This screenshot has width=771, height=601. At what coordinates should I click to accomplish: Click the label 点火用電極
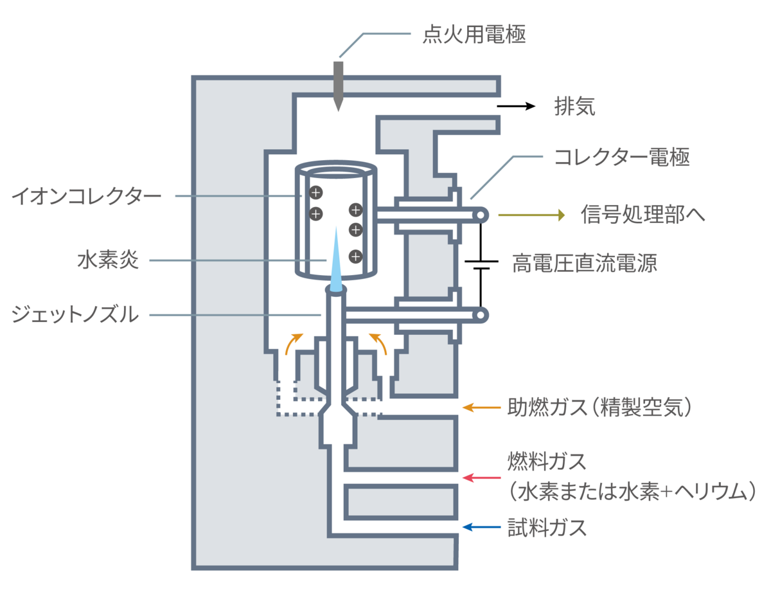click(474, 34)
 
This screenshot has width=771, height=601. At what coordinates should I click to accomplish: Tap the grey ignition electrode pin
click(339, 84)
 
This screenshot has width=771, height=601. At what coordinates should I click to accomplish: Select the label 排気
click(575, 107)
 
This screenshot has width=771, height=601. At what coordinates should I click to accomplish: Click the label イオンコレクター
click(87, 195)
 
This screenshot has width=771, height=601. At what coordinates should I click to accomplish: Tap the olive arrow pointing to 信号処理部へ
click(531, 215)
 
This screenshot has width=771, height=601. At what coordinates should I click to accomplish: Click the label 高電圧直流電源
click(585, 264)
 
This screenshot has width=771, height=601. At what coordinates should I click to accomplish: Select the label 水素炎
click(108, 261)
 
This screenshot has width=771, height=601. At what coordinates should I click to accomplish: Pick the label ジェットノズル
click(75, 315)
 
